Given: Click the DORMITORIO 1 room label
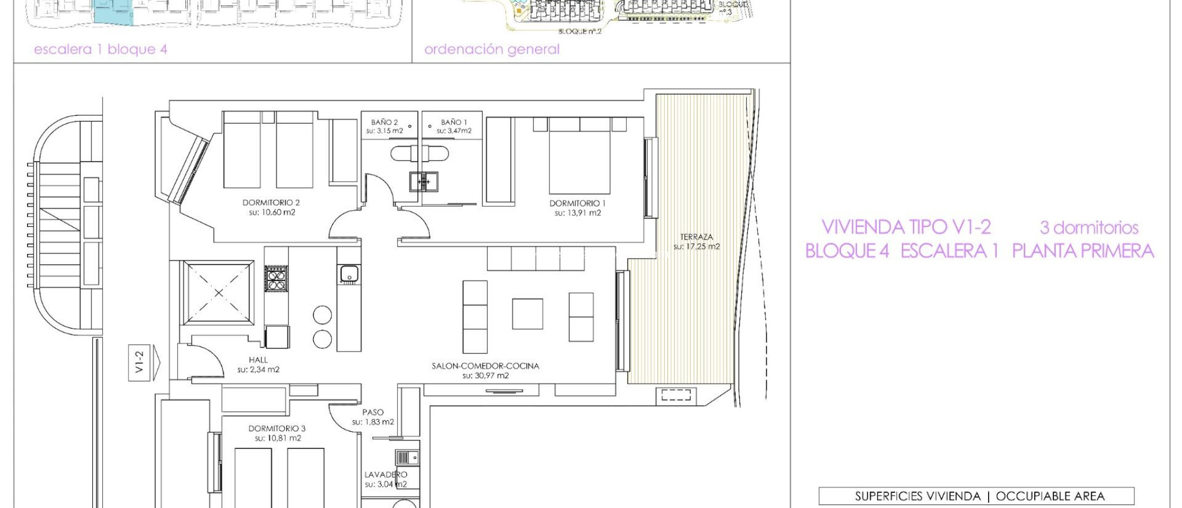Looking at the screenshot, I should [x=577, y=203].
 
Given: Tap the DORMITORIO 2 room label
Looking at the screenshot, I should [x=271, y=203].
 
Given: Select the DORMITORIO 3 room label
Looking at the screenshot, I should [x=276, y=428].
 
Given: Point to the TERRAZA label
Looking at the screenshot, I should [x=696, y=237].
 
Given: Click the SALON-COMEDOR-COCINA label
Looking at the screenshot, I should [x=485, y=366].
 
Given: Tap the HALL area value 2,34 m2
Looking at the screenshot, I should [x=258, y=369].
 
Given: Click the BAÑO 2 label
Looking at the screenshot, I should [x=384, y=122].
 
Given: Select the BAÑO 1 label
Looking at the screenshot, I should [x=454, y=122].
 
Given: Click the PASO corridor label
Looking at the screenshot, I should [x=373, y=412].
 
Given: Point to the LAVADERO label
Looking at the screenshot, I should [x=386, y=475].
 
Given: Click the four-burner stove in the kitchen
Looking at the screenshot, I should [x=276, y=278].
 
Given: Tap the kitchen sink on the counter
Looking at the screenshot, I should [x=349, y=274].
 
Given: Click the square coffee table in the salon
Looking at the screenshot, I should [x=527, y=313].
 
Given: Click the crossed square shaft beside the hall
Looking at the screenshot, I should [x=218, y=293].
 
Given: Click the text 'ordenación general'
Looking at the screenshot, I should [x=492, y=50].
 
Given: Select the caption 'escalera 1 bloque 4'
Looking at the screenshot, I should [x=100, y=50].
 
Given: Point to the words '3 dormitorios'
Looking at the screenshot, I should [x=1089, y=227].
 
